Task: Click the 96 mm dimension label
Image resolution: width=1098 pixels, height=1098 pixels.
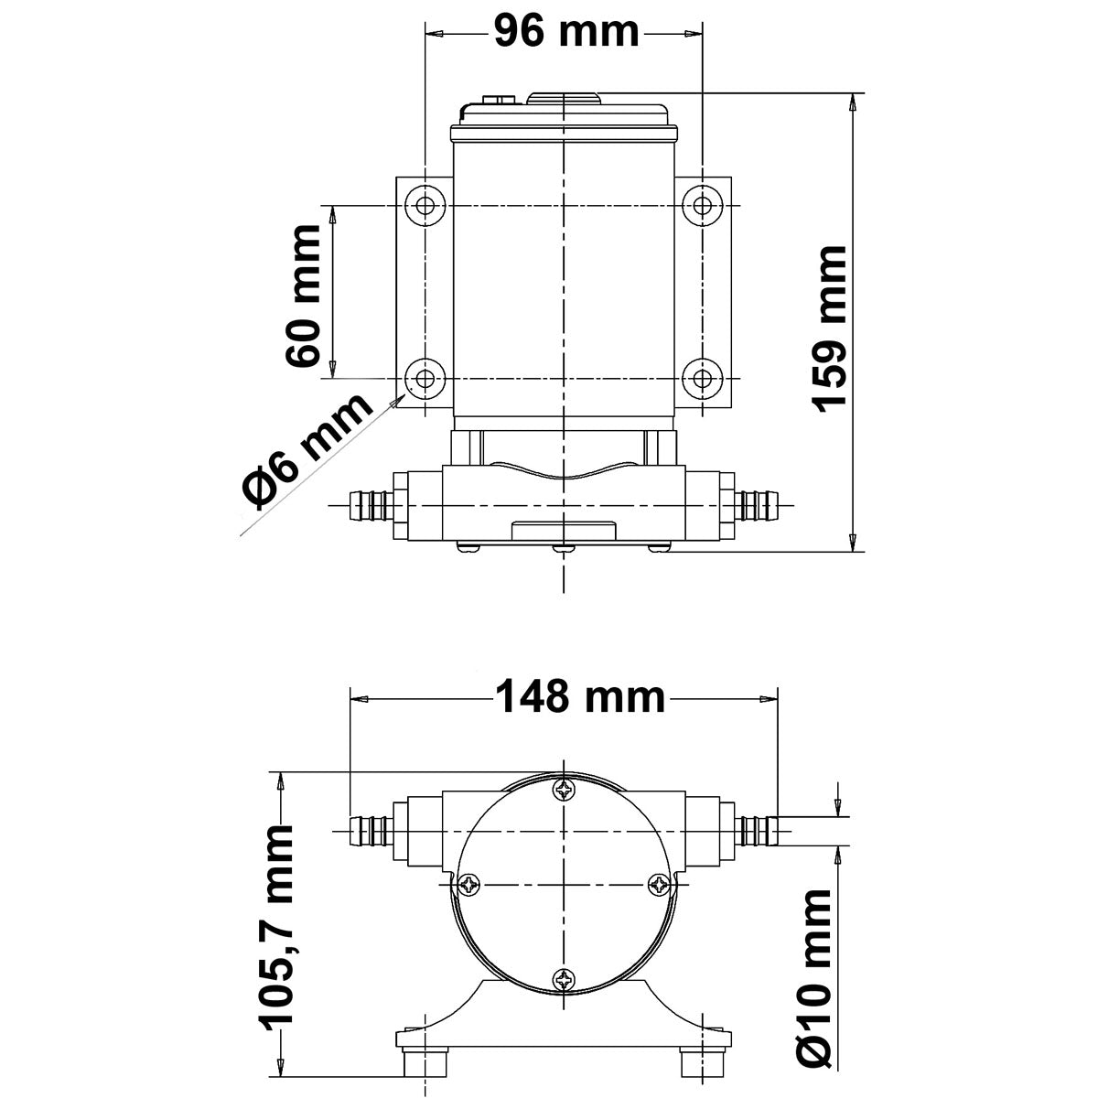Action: click(565, 33)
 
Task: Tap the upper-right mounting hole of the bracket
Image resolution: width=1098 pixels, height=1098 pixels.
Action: click(702, 205)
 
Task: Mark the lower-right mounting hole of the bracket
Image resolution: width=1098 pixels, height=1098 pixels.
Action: click(702, 377)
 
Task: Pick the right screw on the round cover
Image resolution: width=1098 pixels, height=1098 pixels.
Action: click(660, 884)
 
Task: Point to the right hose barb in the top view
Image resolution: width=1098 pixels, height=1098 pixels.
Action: click(759, 503)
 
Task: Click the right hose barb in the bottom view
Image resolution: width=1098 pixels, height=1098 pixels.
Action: click(758, 830)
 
